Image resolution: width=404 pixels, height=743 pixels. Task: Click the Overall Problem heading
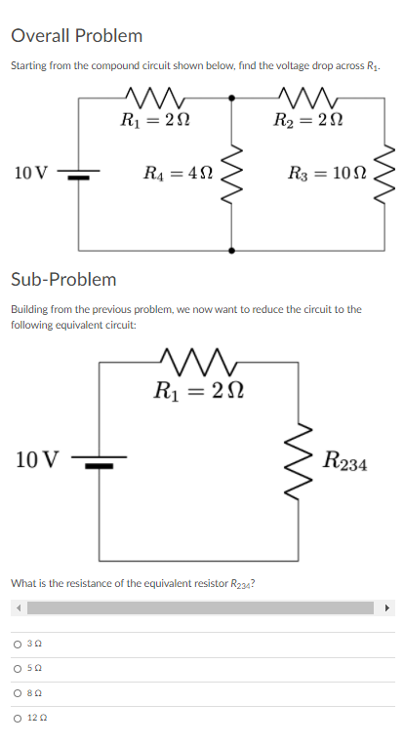[x=77, y=36]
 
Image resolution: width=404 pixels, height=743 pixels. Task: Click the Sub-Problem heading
[x=63, y=279]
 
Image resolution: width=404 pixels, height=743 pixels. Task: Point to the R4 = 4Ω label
[x=177, y=175]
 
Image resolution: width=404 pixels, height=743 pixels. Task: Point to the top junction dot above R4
[x=232, y=98]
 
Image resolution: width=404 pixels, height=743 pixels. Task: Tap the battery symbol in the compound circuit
[x=79, y=175]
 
